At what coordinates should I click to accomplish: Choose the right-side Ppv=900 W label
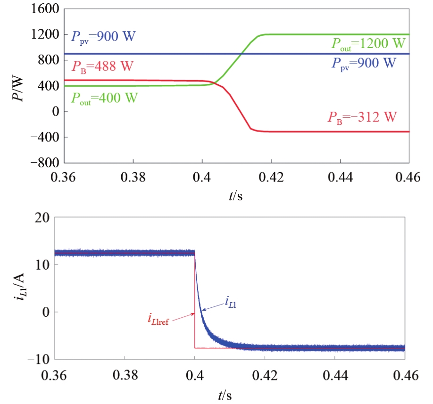(x=364, y=63)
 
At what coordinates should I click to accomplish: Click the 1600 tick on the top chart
(x=45, y=9)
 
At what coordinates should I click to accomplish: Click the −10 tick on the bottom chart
(x=40, y=359)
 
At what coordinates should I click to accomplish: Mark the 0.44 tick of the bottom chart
(x=335, y=375)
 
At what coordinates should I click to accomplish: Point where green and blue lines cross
(x=241, y=54)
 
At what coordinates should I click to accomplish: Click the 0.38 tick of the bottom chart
(x=125, y=375)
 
